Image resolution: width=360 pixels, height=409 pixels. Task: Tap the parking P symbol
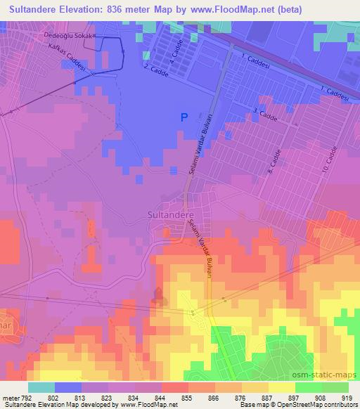pyautogui.click(x=184, y=118)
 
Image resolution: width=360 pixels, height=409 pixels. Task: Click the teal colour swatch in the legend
pyautogui.click(x=41, y=387)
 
